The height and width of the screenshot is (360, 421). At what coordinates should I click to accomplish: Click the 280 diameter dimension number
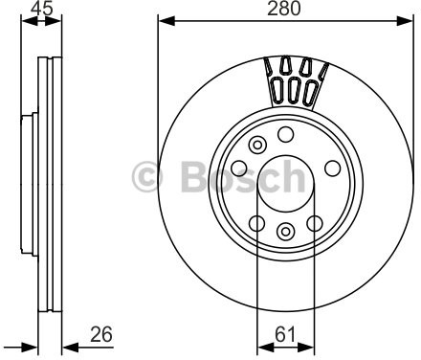click(x=284, y=9)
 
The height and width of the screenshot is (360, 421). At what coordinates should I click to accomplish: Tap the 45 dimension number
click(x=41, y=9)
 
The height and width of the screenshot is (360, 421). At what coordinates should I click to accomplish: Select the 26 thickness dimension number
click(x=101, y=334)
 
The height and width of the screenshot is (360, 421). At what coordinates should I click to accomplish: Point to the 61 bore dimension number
click(x=285, y=334)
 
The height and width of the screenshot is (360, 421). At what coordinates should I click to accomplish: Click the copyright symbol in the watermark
click(x=147, y=176)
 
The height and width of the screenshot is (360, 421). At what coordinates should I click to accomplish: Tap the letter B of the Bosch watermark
click(x=194, y=176)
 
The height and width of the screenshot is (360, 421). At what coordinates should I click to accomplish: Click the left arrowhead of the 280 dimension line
click(x=166, y=21)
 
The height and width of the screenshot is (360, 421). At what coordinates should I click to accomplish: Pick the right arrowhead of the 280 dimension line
click(x=405, y=21)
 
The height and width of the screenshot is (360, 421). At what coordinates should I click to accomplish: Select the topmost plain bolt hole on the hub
click(x=285, y=134)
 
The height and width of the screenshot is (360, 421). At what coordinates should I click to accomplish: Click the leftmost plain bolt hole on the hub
click(x=239, y=169)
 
